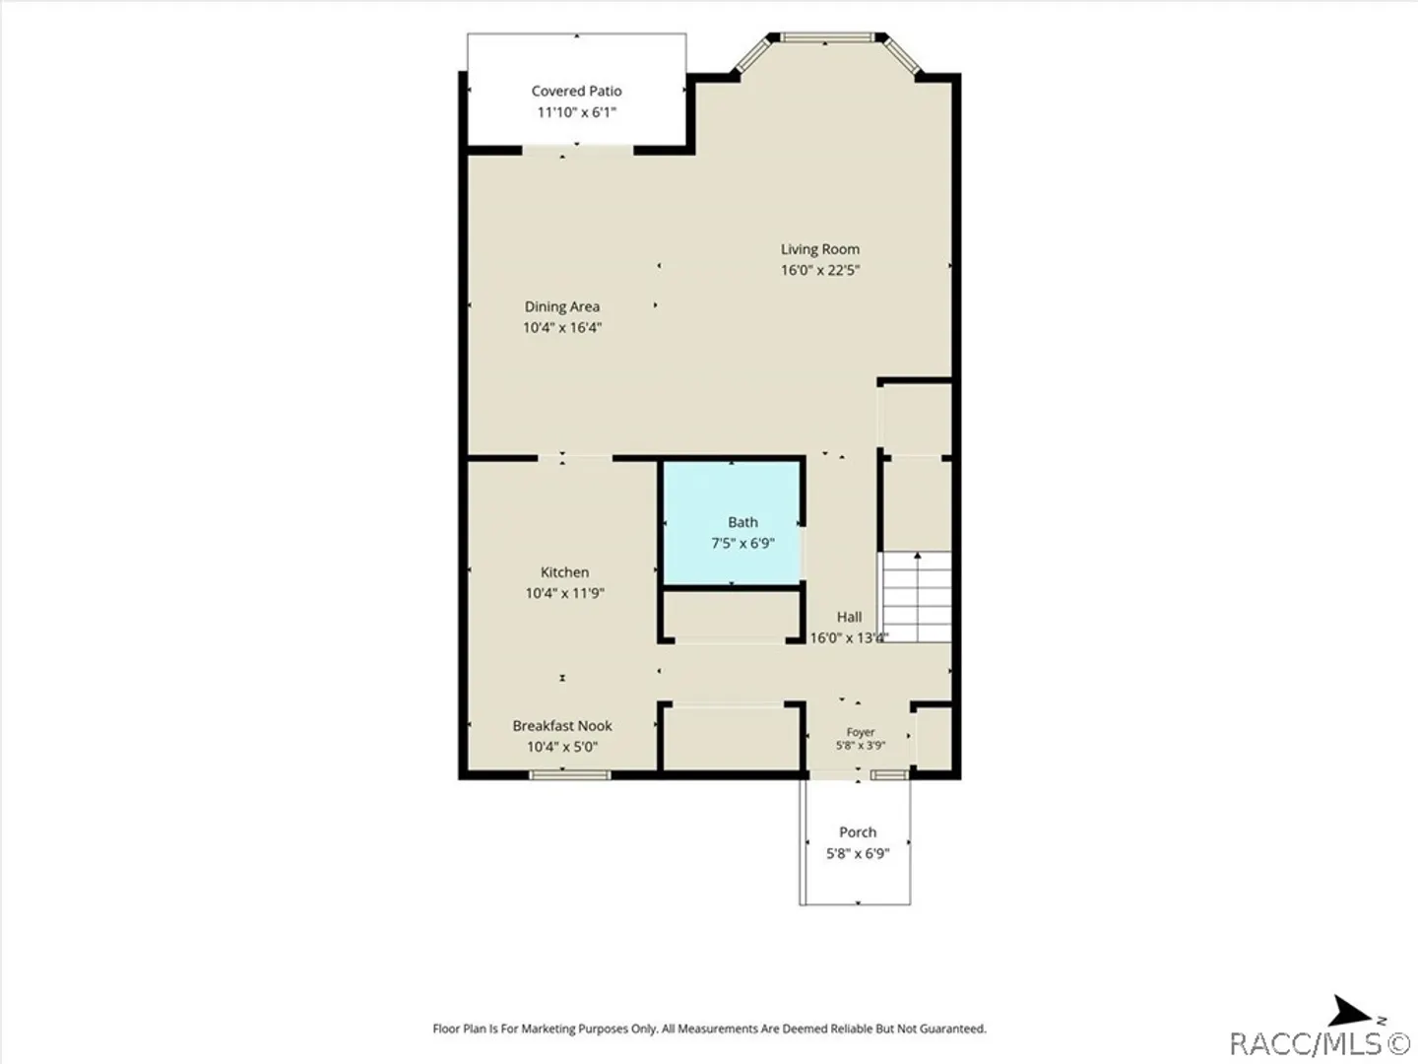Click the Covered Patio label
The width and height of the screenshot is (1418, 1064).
[x=576, y=91]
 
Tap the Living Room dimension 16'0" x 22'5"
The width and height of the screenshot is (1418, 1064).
[x=820, y=270]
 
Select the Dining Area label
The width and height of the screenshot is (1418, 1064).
[x=562, y=306]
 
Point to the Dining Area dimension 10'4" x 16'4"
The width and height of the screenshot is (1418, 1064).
[x=562, y=327]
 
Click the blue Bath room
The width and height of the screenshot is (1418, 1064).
[x=732, y=524]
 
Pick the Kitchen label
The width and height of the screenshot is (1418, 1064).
[x=564, y=572]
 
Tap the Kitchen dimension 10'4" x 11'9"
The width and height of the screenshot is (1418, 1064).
[x=564, y=593]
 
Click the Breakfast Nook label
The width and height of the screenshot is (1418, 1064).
[x=562, y=726]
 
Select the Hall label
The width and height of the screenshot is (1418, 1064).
[x=850, y=617]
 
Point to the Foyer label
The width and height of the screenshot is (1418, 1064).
[x=861, y=732]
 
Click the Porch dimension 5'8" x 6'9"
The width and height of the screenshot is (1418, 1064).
[x=858, y=853]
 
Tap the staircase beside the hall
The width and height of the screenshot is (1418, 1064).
[x=917, y=597]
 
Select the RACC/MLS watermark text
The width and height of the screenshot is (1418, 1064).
[x=1320, y=1044]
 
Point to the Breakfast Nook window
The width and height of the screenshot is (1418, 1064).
[x=569, y=774]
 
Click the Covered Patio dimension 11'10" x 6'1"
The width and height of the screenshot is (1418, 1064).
[x=576, y=112]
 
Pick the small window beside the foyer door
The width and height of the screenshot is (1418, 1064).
[x=889, y=774]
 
